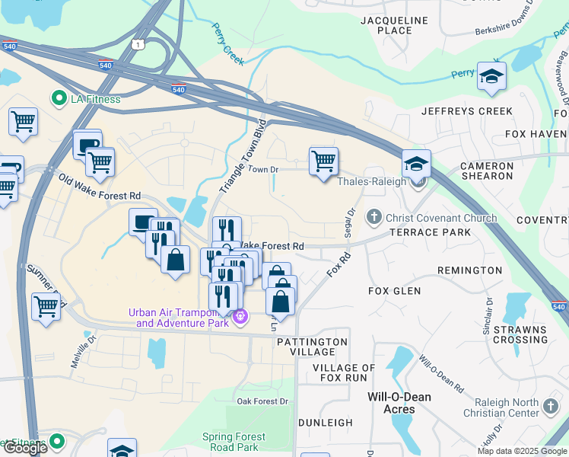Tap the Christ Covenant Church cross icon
[x=373, y=218]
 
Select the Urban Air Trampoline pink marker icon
[x=240, y=315]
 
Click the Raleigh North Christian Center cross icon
[x=551, y=407]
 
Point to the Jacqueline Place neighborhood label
[x=386, y=24]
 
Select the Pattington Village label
[x=312, y=347]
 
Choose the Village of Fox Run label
[x=344, y=372]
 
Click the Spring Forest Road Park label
[x=234, y=442]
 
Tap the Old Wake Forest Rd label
[x=99, y=190]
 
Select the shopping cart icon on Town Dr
[x=323, y=161]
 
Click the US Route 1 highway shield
[x=138, y=46]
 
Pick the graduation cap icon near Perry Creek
[x=491, y=77]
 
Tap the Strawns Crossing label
[x=520, y=334]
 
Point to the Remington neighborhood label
[x=469, y=270]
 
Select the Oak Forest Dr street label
[x=263, y=401]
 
